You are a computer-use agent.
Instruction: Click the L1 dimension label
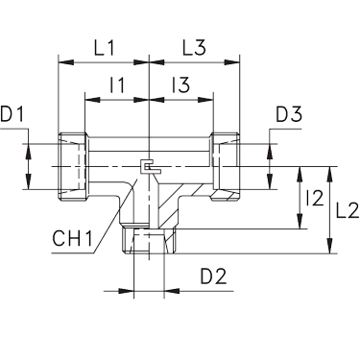[107, 46]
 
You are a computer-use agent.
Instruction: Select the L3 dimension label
[195, 46]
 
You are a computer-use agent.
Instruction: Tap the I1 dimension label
[117, 85]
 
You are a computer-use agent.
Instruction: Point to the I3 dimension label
[180, 85]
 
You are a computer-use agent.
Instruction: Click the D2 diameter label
[213, 279]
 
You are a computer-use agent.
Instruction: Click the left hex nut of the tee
[73, 166]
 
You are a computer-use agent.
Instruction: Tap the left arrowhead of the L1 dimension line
[63, 64]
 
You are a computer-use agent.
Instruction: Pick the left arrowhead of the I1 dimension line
[88, 99]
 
